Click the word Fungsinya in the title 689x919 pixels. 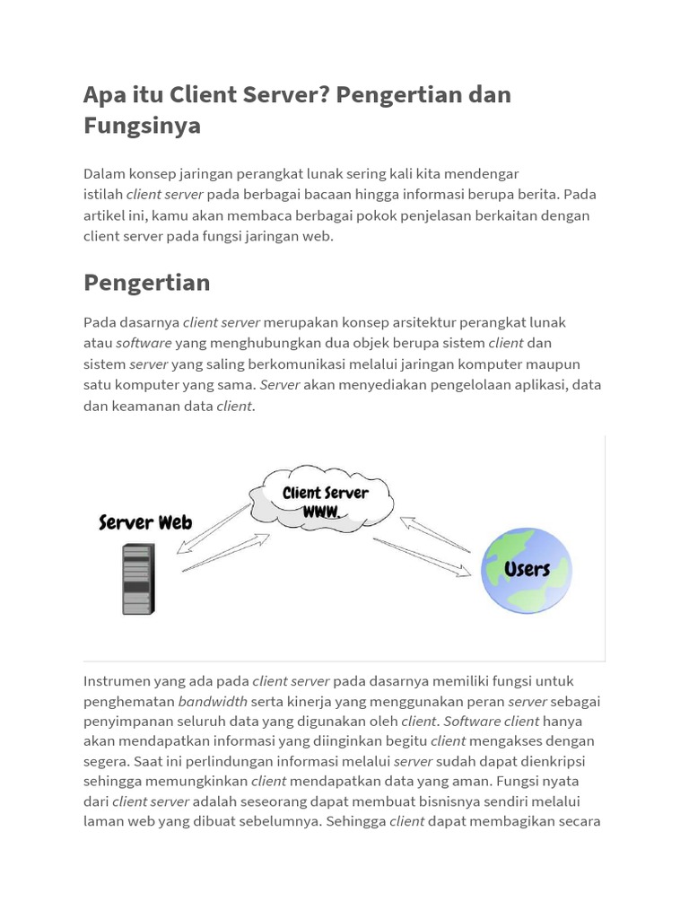click(142, 126)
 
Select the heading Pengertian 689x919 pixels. click(147, 283)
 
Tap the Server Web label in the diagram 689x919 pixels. click(145, 522)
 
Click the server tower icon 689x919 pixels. click(138, 581)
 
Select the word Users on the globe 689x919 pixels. click(527, 569)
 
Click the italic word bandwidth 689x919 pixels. click(213, 701)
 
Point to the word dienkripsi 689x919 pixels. click(565, 761)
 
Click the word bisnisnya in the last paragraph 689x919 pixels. click(430, 801)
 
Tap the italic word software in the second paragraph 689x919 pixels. click(144, 343)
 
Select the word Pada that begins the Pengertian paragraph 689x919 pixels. click(100, 322)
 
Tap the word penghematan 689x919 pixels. click(129, 701)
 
